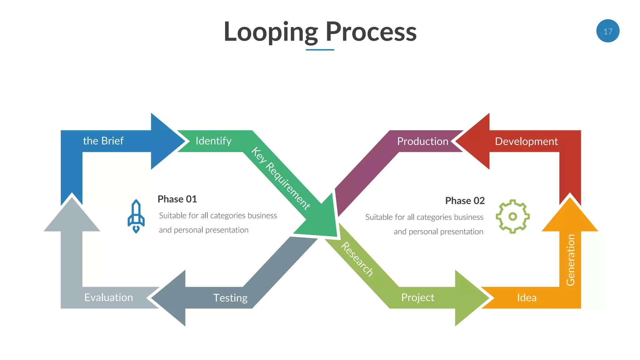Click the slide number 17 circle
[x=607, y=31]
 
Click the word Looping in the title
[x=271, y=32]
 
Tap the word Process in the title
[x=371, y=32]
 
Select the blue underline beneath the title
[x=320, y=50]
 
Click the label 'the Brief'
[x=103, y=141]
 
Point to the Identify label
[x=213, y=141]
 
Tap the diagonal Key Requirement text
[x=280, y=178]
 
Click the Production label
[x=422, y=141]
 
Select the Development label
[x=526, y=141]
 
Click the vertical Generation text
[x=570, y=260]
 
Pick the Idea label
[x=527, y=297]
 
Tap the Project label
[x=417, y=297]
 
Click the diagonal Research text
[x=357, y=259]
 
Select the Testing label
[x=230, y=298]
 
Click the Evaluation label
[x=108, y=297]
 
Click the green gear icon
[x=512, y=216]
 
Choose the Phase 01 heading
[x=177, y=199]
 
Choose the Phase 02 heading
[x=465, y=201]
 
